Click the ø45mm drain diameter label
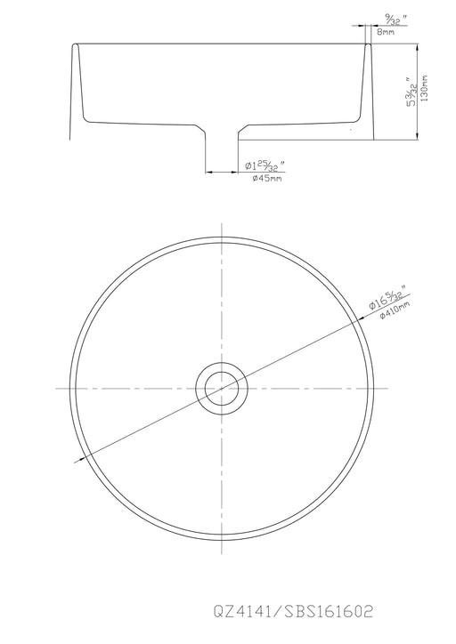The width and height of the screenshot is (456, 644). (266, 179)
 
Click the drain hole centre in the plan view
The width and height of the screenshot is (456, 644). (218, 388)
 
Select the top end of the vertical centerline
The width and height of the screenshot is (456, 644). (218, 213)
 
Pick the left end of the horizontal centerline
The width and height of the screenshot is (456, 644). (55, 388)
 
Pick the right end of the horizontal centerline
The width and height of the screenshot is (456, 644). (381, 388)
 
